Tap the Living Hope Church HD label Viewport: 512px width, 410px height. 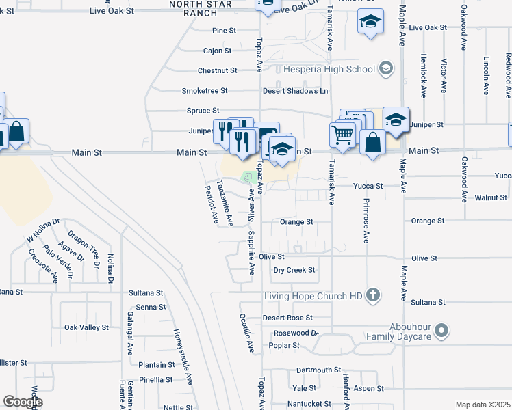[x=314, y=296]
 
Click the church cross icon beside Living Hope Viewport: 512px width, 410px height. [x=372, y=295]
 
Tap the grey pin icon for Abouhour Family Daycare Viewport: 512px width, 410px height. [x=442, y=331]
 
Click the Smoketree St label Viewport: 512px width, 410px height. [x=204, y=90]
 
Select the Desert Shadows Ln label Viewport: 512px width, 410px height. [x=296, y=90]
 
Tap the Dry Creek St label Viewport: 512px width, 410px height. [x=294, y=270]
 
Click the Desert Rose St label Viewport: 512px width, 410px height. [x=287, y=318]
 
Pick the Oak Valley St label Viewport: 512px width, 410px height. [x=86, y=327]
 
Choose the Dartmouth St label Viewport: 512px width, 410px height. [x=318, y=370]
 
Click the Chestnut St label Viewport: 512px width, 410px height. [x=217, y=70]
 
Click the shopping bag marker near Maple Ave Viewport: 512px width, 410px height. [x=372, y=143]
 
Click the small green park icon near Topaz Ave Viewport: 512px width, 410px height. [x=248, y=177]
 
